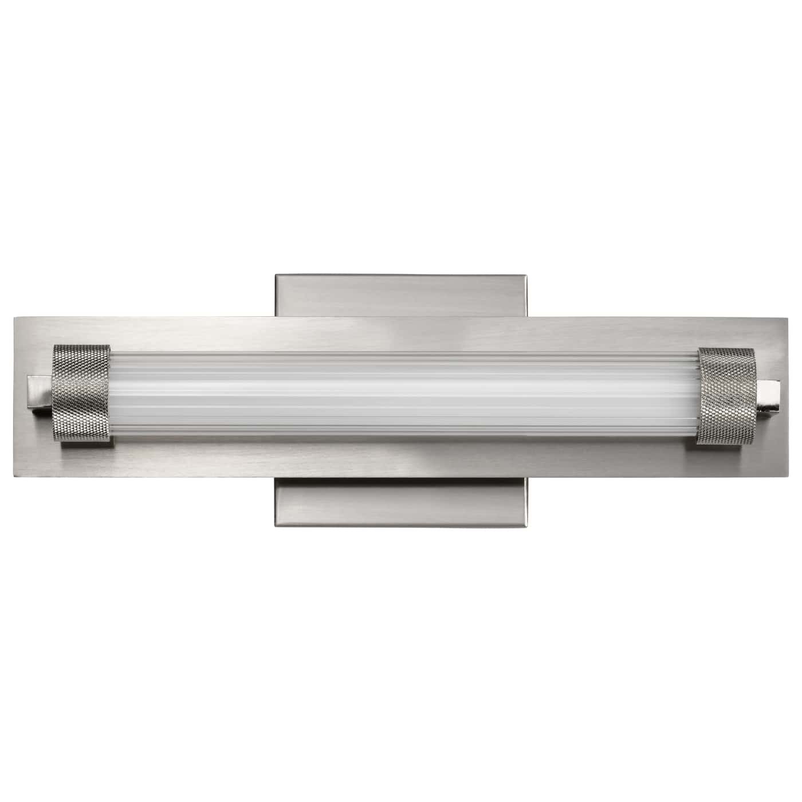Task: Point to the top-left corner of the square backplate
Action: (x=276, y=275)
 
